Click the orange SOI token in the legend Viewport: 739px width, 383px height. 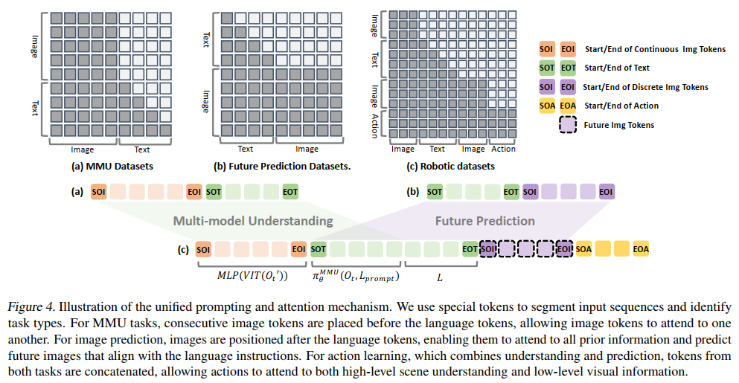coord(547,49)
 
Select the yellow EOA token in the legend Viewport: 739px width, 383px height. coord(568,106)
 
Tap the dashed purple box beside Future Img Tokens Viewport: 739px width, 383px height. coord(568,125)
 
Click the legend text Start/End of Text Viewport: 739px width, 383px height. coord(616,68)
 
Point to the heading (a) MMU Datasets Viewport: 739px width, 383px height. coord(112,167)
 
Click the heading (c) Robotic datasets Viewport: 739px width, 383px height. coord(450,167)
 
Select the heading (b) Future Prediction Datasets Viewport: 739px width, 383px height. coord(282,167)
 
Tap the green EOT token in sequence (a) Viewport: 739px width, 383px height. coord(290,192)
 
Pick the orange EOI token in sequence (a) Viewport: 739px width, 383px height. coord(194,192)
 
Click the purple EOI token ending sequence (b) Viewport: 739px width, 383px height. coord(606,192)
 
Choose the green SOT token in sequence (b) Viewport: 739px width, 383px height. coord(435,192)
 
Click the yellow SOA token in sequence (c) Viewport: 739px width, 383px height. coord(583,249)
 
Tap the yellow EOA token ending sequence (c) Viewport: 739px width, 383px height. coord(641,249)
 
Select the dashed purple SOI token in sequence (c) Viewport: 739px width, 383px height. coord(487,249)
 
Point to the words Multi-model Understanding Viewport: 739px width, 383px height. coord(253,221)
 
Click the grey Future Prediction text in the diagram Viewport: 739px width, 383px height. coord(485,221)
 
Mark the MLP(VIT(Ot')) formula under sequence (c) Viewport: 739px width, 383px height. coord(252,276)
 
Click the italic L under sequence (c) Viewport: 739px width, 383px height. coord(440,278)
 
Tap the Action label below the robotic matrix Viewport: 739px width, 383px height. coord(503,149)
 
